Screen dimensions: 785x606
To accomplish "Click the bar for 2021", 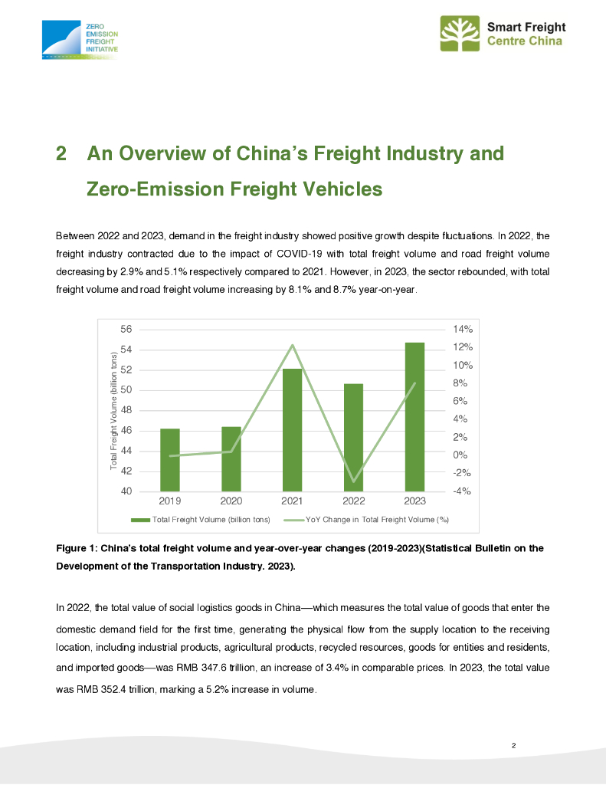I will (x=292, y=429).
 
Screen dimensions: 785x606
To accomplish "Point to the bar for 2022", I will (x=353, y=437).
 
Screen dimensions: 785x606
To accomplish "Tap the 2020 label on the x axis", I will (x=231, y=501).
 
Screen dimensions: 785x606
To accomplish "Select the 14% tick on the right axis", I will (x=463, y=329).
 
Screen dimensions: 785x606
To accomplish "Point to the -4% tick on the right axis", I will (x=462, y=491).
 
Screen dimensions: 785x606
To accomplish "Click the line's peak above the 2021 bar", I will (x=292, y=345).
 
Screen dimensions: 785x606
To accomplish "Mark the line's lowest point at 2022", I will (x=353, y=482).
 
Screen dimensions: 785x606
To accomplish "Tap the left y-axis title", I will (x=113, y=411).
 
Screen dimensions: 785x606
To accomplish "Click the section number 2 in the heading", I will (x=62, y=153).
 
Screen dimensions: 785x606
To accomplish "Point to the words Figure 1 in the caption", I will (x=77, y=548).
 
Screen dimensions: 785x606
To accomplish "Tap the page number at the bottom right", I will (x=514, y=745).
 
